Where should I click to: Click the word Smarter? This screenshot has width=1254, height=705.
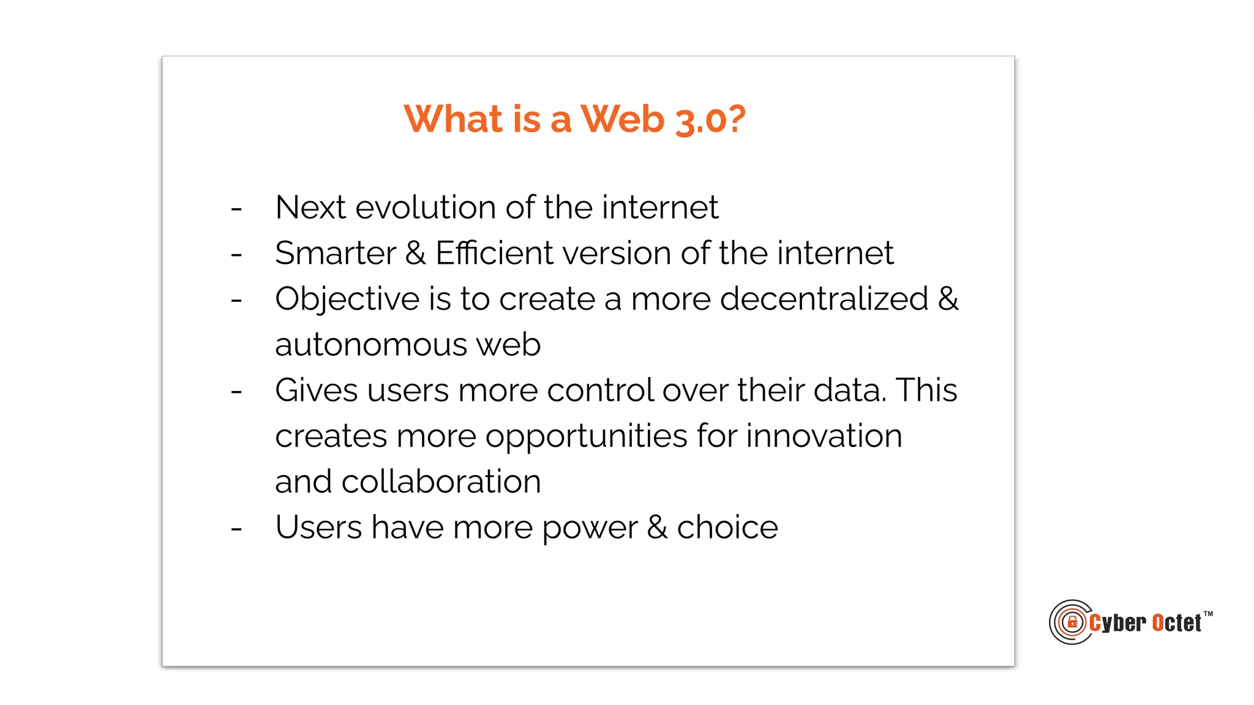(x=336, y=253)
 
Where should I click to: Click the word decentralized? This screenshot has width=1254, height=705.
(x=824, y=299)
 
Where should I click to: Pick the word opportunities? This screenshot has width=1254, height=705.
(x=586, y=437)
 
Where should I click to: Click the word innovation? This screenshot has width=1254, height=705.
(x=824, y=436)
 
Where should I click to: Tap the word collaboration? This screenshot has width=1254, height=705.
(x=441, y=482)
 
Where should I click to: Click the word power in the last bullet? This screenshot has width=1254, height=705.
(x=589, y=528)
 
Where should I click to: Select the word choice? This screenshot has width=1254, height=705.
(x=727, y=528)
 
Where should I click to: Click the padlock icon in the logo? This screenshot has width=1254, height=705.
(x=1072, y=622)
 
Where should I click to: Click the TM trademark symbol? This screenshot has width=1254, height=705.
(x=1207, y=614)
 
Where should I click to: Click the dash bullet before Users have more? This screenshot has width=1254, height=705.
(x=236, y=528)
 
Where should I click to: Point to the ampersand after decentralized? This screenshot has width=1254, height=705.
(x=948, y=299)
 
